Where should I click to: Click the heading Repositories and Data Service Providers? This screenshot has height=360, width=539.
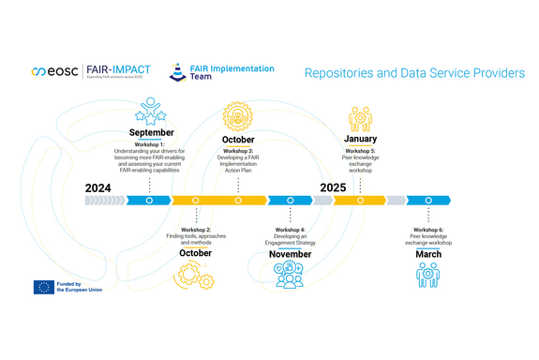414,73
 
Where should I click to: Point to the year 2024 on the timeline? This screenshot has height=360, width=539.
97,187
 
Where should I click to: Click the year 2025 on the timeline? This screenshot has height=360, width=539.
333,187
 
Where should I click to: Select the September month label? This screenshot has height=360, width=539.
150,133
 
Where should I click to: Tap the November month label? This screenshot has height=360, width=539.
290,254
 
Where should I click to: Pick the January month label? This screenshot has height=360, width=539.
360,139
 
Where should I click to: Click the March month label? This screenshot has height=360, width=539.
428,254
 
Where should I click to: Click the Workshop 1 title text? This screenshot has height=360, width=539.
150,142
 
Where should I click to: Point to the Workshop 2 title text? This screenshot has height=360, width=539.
196,230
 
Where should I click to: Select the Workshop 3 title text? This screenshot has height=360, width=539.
238,150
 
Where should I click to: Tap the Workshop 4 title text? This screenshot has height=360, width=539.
290,230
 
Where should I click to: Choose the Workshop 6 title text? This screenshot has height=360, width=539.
428,230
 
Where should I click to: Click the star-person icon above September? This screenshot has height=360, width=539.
150,112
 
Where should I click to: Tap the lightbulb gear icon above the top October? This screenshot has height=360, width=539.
238,117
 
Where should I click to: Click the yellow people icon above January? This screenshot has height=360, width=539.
360,119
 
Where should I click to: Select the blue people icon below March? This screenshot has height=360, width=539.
428,275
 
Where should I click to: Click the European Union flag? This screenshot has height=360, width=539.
43,288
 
